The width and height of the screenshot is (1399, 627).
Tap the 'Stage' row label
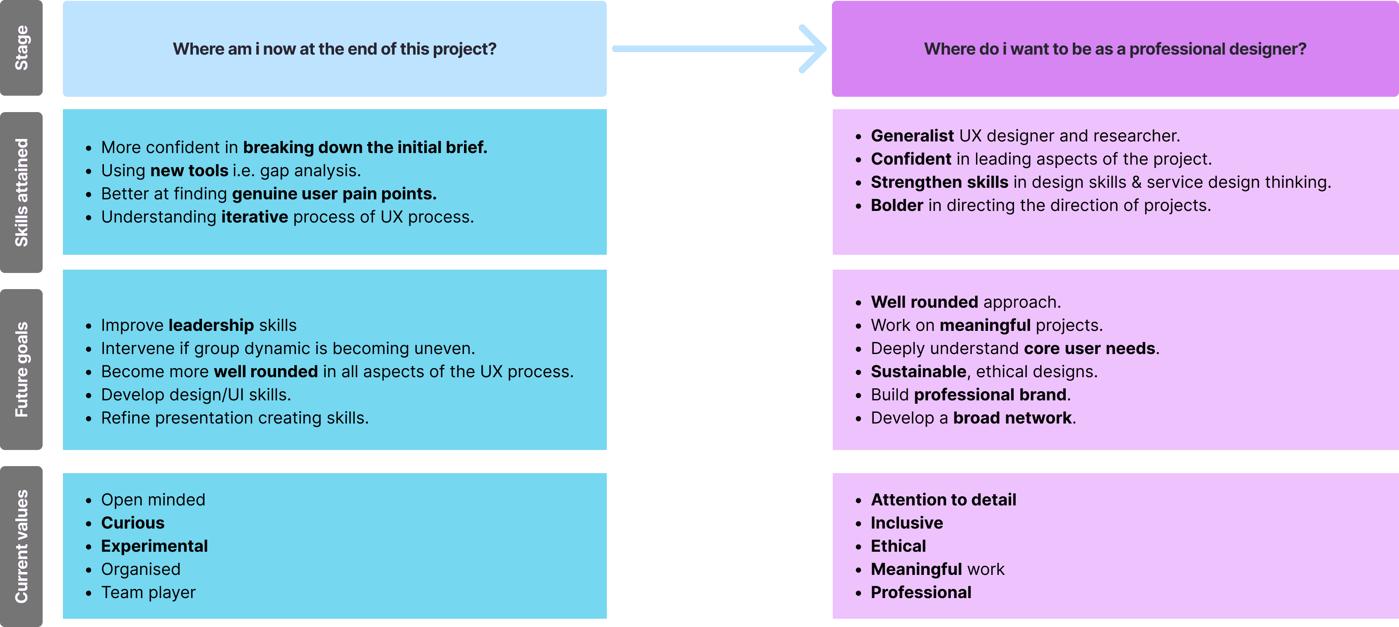21,48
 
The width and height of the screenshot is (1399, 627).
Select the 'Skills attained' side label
21,192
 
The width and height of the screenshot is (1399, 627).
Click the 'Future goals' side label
21,369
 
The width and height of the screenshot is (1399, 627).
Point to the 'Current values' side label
21,546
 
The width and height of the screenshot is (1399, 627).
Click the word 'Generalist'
912,136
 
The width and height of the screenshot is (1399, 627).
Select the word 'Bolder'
897,205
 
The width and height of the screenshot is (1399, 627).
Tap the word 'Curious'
132,523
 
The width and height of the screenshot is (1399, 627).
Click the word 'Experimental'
154,546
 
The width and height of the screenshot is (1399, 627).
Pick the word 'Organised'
141,570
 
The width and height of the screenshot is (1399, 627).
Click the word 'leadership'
211,325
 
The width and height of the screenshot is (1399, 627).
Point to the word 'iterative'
254,217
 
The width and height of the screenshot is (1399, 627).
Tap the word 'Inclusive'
906,523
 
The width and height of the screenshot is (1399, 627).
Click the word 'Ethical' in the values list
898,546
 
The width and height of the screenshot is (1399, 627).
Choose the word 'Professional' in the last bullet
921,592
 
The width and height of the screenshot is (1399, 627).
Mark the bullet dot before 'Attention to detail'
858,500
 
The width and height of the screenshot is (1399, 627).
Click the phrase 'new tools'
189,171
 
